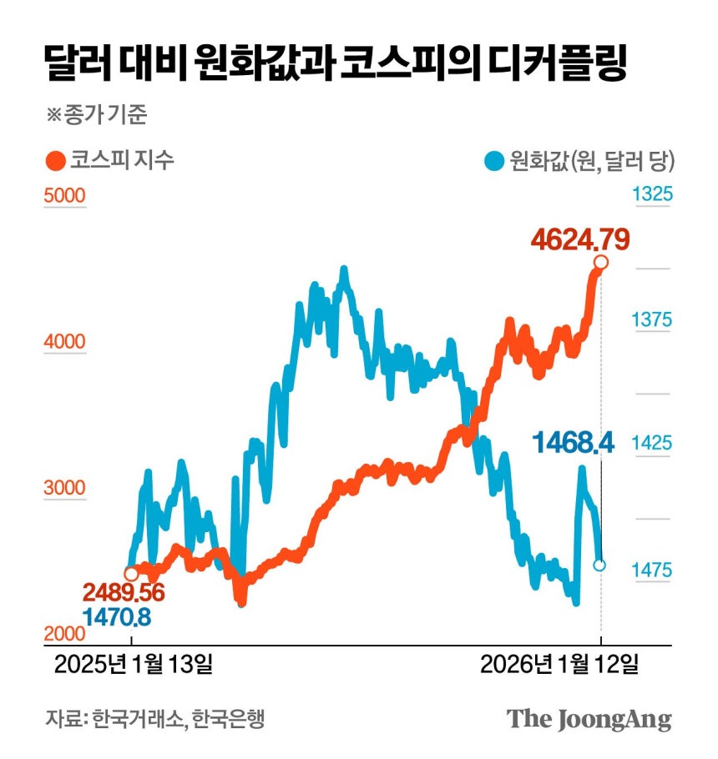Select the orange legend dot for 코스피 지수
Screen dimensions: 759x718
pos(56,159)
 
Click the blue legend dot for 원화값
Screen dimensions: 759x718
pos(494,159)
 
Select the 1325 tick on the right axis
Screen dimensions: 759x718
pos(651,195)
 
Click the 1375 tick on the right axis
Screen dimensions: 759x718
pos(651,319)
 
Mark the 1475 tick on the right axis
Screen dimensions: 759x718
pos(651,570)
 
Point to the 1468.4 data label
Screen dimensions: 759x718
pos(574,443)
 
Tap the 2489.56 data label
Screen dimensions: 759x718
pos(123,593)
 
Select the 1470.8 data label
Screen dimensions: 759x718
pos(116,618)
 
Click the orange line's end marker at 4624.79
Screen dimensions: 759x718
pos(600,263)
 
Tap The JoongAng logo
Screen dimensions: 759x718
pos(589,719)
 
